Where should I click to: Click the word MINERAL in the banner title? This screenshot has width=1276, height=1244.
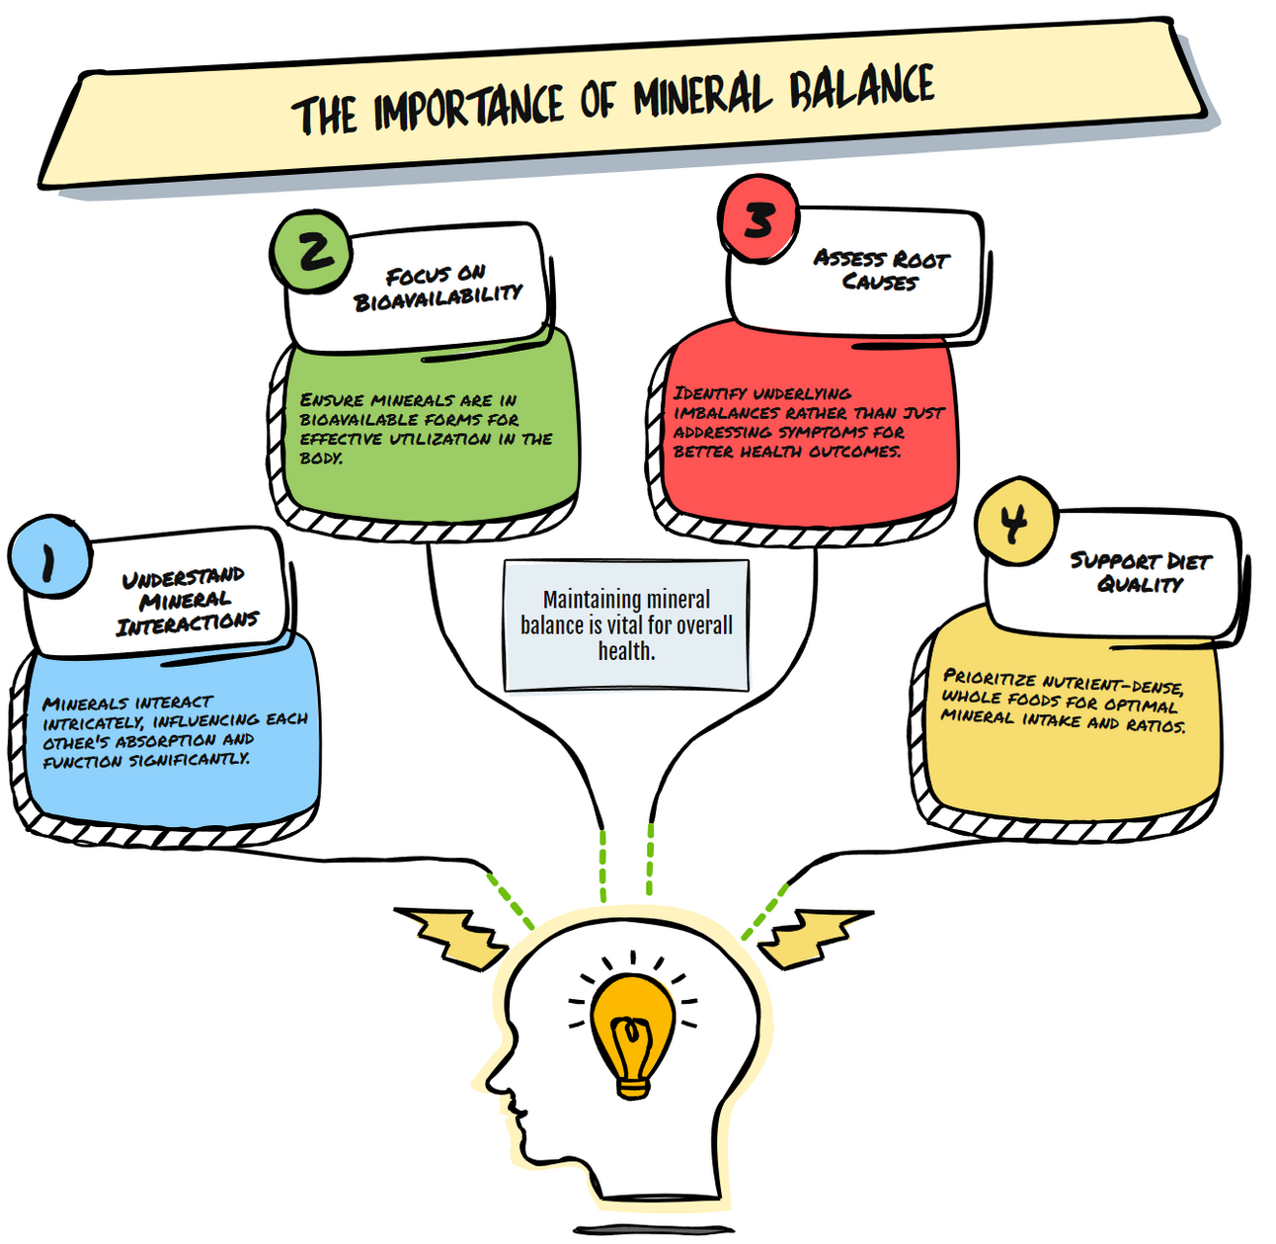tap(701, 97)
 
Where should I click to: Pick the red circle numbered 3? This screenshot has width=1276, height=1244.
tap(758, 219)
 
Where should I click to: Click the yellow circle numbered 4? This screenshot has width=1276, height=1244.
tap(1014, 522)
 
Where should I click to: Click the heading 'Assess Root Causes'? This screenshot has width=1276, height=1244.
tap(881, 270)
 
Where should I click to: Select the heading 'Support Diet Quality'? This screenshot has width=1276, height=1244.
tap(1140, 572)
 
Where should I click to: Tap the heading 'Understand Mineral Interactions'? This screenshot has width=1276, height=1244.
tap(185, 601)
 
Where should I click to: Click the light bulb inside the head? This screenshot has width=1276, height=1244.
tap(633, 1028)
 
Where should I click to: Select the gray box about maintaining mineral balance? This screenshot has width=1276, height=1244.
tap(626, 624)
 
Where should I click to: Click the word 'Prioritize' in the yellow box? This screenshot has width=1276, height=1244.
tap(989, 678)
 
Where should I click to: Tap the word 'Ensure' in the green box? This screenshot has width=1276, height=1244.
tap(333, 400)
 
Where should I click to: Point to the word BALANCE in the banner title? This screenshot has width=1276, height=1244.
tap(861, 88)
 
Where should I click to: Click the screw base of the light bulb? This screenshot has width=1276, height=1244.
tap(633, 1087)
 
